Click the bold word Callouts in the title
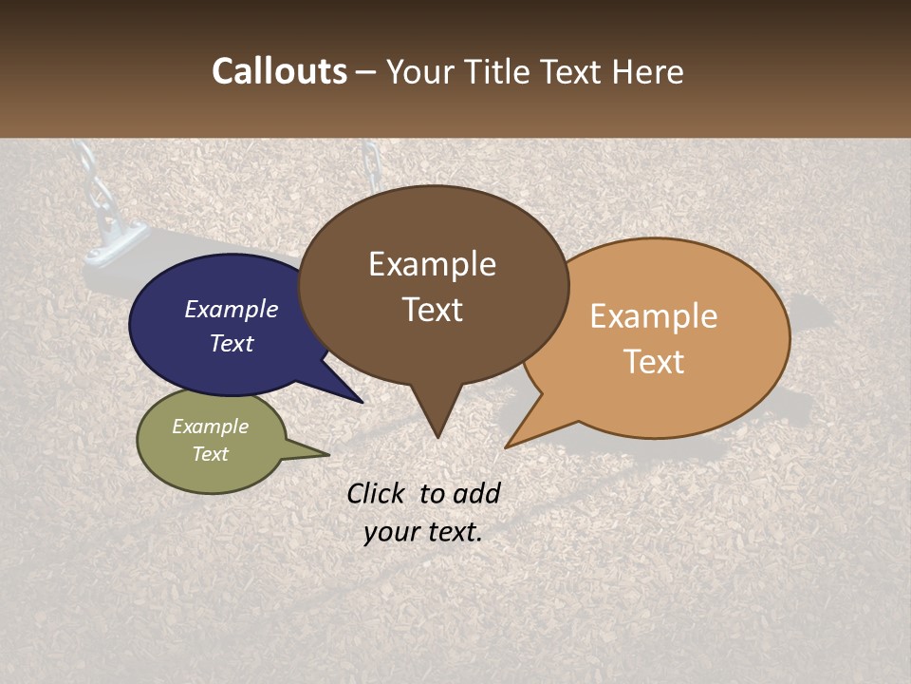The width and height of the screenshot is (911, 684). coord(279,71)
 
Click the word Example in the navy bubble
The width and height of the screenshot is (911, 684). coord(231,309)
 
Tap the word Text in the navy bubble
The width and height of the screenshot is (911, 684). coord(231,343)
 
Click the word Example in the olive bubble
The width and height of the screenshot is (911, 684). coord(210,427)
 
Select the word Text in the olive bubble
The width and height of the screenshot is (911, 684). coord(210,454)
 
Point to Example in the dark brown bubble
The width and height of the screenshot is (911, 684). coord(432,264)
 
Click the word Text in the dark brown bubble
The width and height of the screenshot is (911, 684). coord(432,310)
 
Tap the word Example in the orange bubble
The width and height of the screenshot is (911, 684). coord(654,316)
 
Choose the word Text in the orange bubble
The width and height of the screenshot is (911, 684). coord(654,362)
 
